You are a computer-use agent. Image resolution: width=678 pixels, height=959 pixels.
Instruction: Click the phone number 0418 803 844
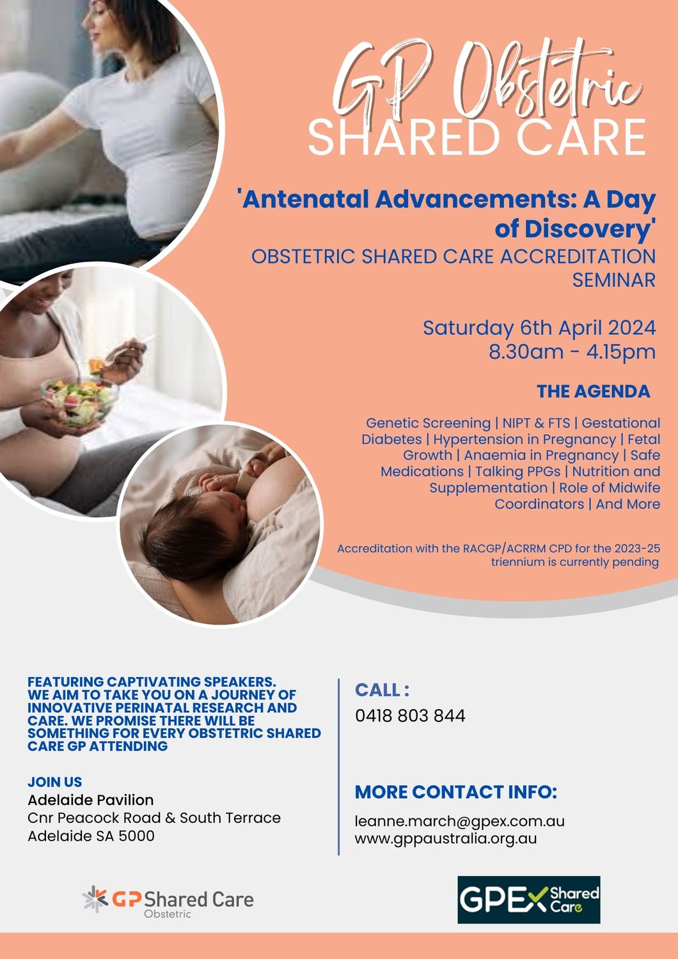(x=410, y=715)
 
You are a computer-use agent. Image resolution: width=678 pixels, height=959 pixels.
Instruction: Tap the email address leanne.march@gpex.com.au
(x=459, y=821)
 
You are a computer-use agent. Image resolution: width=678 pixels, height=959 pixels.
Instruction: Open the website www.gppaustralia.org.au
(x=446, y=838)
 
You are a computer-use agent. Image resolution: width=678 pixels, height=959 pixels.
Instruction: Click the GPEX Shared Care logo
(x=528, y=900)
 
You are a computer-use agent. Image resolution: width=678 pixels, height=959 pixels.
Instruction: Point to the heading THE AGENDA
(x=593, y=391)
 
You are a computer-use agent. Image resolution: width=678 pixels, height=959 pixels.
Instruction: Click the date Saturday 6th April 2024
(x=539, y=328)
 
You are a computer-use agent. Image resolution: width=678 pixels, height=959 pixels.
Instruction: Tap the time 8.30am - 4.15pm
(x=572, y=352)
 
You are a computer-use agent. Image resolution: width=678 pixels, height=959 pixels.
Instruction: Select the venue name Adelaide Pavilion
(x=90, y=800)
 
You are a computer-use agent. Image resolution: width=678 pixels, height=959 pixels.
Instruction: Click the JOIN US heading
(x=54, y=782)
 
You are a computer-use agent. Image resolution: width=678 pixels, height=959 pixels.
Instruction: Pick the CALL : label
(x=382, y=690)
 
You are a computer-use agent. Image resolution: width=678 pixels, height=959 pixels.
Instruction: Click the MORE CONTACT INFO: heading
(x=455, y=792)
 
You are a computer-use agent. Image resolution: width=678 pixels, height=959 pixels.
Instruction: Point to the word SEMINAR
(x=613, y=280)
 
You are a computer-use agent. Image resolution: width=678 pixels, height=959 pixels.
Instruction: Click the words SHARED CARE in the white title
(x=477, y=137)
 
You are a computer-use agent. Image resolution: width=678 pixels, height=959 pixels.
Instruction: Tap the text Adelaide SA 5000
(x=91, y=836)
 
